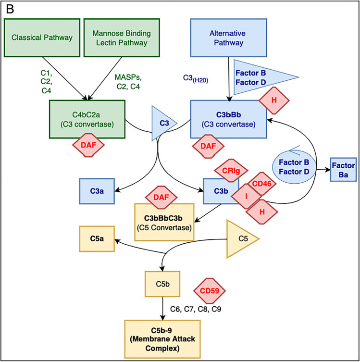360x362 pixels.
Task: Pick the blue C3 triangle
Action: pos(162,124)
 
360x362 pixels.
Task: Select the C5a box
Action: pos(96,237)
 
